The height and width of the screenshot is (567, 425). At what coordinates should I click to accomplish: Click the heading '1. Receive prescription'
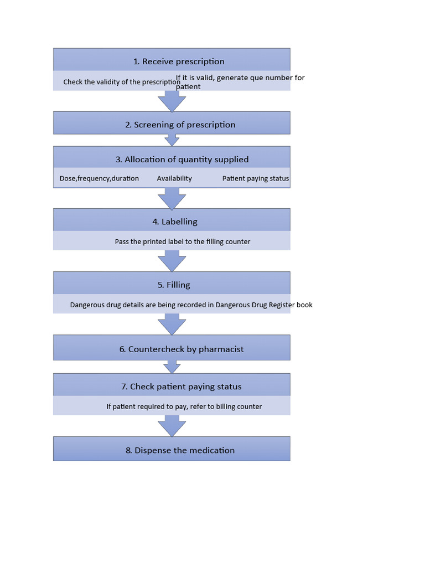179,61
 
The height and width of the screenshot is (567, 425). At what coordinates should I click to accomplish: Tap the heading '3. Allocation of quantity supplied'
182,159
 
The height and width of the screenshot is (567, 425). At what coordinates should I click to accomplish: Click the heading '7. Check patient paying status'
181,386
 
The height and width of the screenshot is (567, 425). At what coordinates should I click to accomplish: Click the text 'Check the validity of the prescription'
122,82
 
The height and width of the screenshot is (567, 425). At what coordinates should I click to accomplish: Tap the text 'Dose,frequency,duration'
99,178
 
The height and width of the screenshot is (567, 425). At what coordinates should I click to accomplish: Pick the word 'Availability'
174,178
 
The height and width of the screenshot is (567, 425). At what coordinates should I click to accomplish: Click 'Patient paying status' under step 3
256,178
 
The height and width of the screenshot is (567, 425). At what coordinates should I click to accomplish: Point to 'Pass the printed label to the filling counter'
183,241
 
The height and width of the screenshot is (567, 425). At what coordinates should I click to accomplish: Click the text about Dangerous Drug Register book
191,305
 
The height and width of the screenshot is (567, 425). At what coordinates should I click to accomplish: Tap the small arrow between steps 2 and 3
172,140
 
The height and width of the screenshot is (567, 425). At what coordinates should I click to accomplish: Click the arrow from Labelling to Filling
172,261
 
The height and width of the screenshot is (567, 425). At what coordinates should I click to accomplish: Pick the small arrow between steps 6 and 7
172,367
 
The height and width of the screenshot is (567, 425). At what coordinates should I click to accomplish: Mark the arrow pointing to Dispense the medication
172,426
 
